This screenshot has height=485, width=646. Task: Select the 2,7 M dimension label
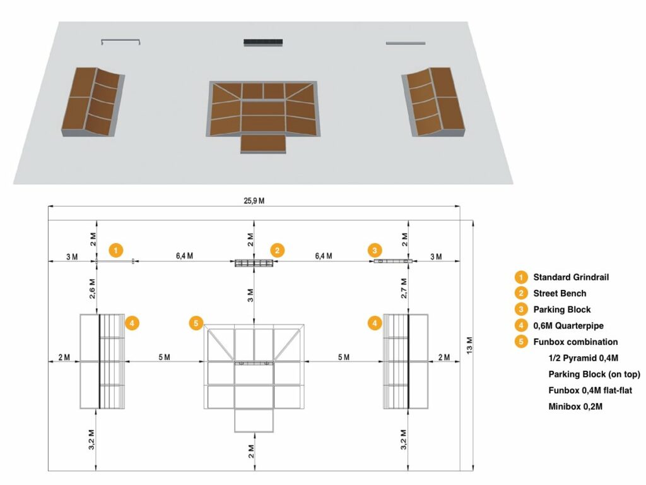(404, 287)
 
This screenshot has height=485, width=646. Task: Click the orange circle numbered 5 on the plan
(196, 323)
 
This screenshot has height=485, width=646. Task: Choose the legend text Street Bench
(560, 293)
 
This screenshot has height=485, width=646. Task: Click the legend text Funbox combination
(575, 342)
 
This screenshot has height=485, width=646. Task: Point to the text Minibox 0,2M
(575, 407)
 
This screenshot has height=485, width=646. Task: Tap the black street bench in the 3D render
(263, 43)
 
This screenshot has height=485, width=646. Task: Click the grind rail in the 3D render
(120, 42)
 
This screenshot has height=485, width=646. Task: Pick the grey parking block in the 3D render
(405, 43)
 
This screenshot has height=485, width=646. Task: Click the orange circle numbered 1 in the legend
(520, 277)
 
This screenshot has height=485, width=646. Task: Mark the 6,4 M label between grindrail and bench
(184, 256)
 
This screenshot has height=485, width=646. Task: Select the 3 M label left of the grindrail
(71, 256)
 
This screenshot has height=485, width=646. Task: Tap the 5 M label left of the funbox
(164, 357)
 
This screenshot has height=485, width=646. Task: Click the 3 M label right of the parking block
(436, 256)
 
